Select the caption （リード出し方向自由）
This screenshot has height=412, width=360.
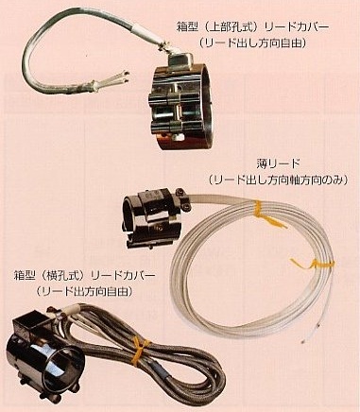coord(252,43)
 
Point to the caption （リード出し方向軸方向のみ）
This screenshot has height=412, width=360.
coord(279,180)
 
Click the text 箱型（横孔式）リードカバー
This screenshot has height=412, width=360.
coord(84,276)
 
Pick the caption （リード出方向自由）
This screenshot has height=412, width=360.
coord(84,291)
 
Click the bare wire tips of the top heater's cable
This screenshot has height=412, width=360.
coord(126,77)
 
